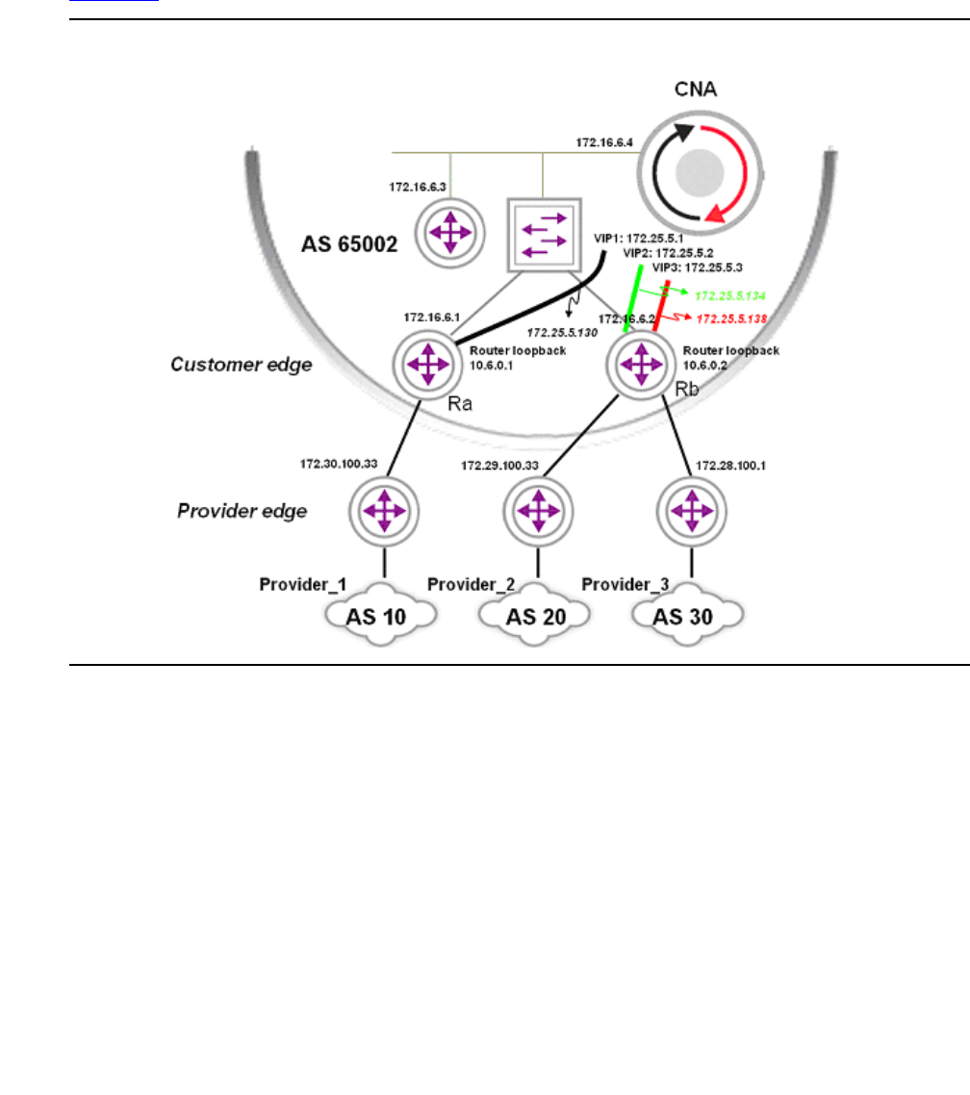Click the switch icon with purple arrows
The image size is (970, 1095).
point(544,231)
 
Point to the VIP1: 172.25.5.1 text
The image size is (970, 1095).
point(638,237)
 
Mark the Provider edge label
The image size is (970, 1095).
point(242,510)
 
